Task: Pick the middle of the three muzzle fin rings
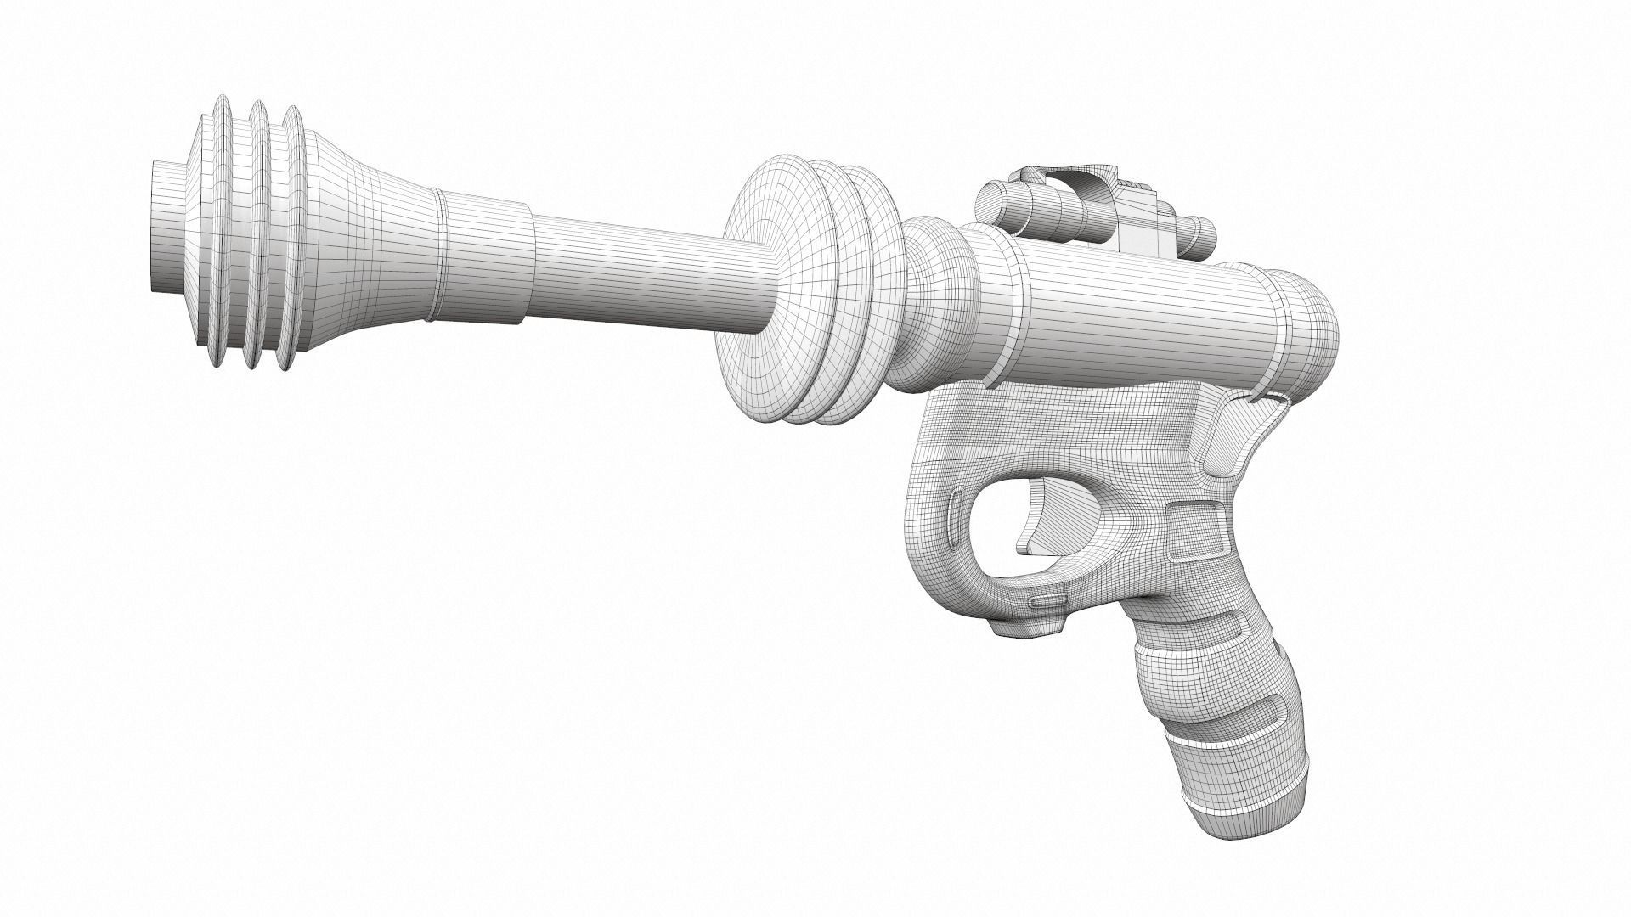pyautogui.click(x=253, y=238)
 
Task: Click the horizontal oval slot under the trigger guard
pyautogui.click(x=1047, y=600)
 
